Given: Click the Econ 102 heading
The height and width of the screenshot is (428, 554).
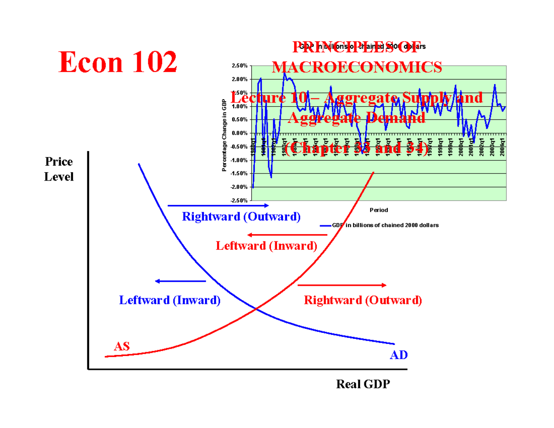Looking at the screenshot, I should (x=118, y=62).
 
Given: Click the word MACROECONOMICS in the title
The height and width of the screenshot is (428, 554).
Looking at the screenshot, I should (x=356, y=67).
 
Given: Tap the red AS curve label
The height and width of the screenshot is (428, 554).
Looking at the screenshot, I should (x=122, y=346).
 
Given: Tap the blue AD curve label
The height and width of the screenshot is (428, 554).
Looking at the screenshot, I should (x=398, y=355).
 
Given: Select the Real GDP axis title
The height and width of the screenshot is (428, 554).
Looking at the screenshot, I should (x=363, y=384).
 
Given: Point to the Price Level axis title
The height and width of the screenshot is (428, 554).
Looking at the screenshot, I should (x=59, y=169).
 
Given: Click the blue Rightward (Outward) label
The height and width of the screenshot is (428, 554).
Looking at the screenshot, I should (x=241, y=217).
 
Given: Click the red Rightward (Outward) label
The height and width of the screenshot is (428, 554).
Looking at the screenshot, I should (x=363, y=300).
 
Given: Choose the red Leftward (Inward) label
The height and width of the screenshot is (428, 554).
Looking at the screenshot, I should (x=266, y=246).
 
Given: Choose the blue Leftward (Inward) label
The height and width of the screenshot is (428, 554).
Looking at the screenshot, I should (x=170, y=300).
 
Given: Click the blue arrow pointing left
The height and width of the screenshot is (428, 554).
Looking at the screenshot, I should (x=180, y=281).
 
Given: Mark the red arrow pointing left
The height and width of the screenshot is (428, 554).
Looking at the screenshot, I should (x=287, y=235).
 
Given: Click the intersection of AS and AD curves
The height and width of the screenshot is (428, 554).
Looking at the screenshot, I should (x=256, y=308).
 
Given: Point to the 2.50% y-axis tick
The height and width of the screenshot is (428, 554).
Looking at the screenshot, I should (x=239, y=66).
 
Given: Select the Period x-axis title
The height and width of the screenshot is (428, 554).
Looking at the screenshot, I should (x=379, y=210).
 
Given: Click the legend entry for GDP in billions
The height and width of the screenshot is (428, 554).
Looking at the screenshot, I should (x=379, y=225).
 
